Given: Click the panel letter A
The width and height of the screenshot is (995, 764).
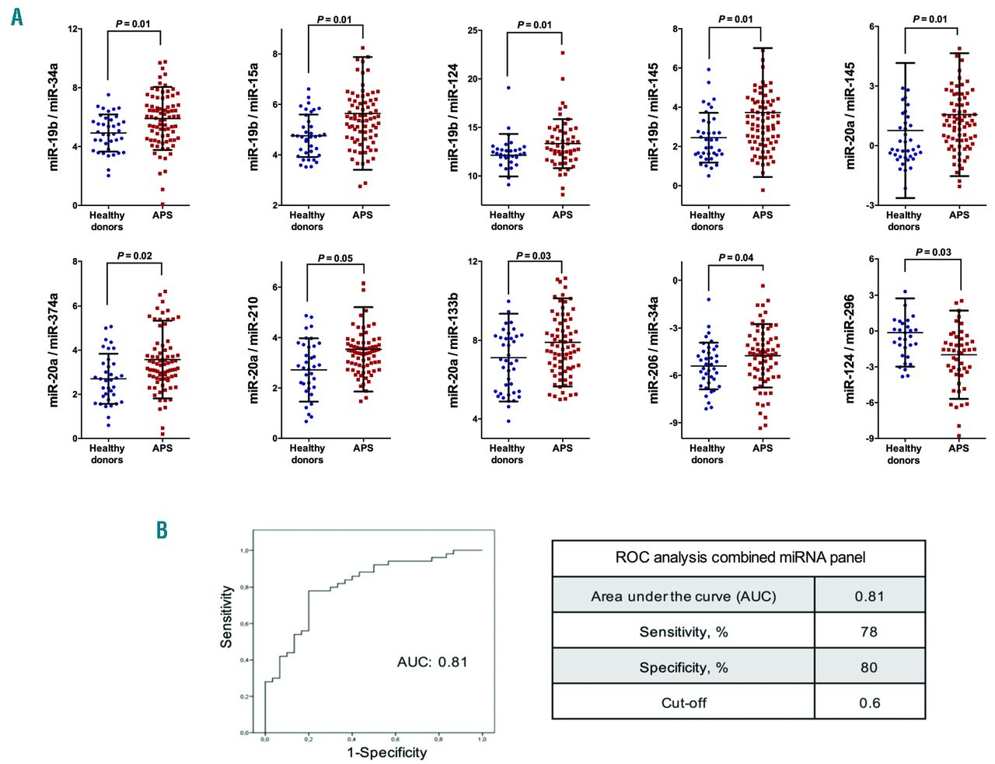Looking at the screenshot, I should click(17, 16).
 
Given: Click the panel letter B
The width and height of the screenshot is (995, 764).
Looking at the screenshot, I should click(162, 530).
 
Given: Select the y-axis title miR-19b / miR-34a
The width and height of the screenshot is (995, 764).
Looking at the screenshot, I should click(54, 117).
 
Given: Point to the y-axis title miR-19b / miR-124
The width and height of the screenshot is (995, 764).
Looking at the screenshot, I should click(454, 117).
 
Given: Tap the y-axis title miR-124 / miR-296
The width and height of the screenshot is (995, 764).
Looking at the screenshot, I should click(850, 348).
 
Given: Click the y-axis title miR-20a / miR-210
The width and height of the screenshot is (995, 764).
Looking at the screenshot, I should click(253, 350).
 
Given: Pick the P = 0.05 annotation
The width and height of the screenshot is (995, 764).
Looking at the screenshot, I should click(335, 258).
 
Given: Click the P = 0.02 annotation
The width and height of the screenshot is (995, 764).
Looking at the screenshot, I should click(134, 256).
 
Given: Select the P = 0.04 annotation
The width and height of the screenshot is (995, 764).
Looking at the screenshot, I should click(735, 257).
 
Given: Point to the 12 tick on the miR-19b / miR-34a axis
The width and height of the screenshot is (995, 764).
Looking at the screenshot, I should click(73, 30).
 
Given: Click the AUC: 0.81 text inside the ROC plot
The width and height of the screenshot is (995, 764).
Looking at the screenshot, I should click(432, 662).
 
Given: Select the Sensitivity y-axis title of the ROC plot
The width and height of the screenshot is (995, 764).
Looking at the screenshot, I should click(226, 616).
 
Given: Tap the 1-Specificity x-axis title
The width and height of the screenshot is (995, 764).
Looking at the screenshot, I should click(386, 752).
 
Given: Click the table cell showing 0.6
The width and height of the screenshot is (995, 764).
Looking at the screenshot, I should click(869, 703).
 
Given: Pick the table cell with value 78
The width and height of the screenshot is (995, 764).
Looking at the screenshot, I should click(869, 632).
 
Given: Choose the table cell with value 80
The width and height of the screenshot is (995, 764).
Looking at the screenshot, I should click(869, 668).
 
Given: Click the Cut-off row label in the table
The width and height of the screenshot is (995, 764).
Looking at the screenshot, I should click(684, 703).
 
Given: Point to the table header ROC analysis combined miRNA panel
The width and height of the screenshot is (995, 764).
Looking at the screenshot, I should click(739, 558).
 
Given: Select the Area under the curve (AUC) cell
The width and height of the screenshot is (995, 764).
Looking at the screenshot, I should click(683, 596).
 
